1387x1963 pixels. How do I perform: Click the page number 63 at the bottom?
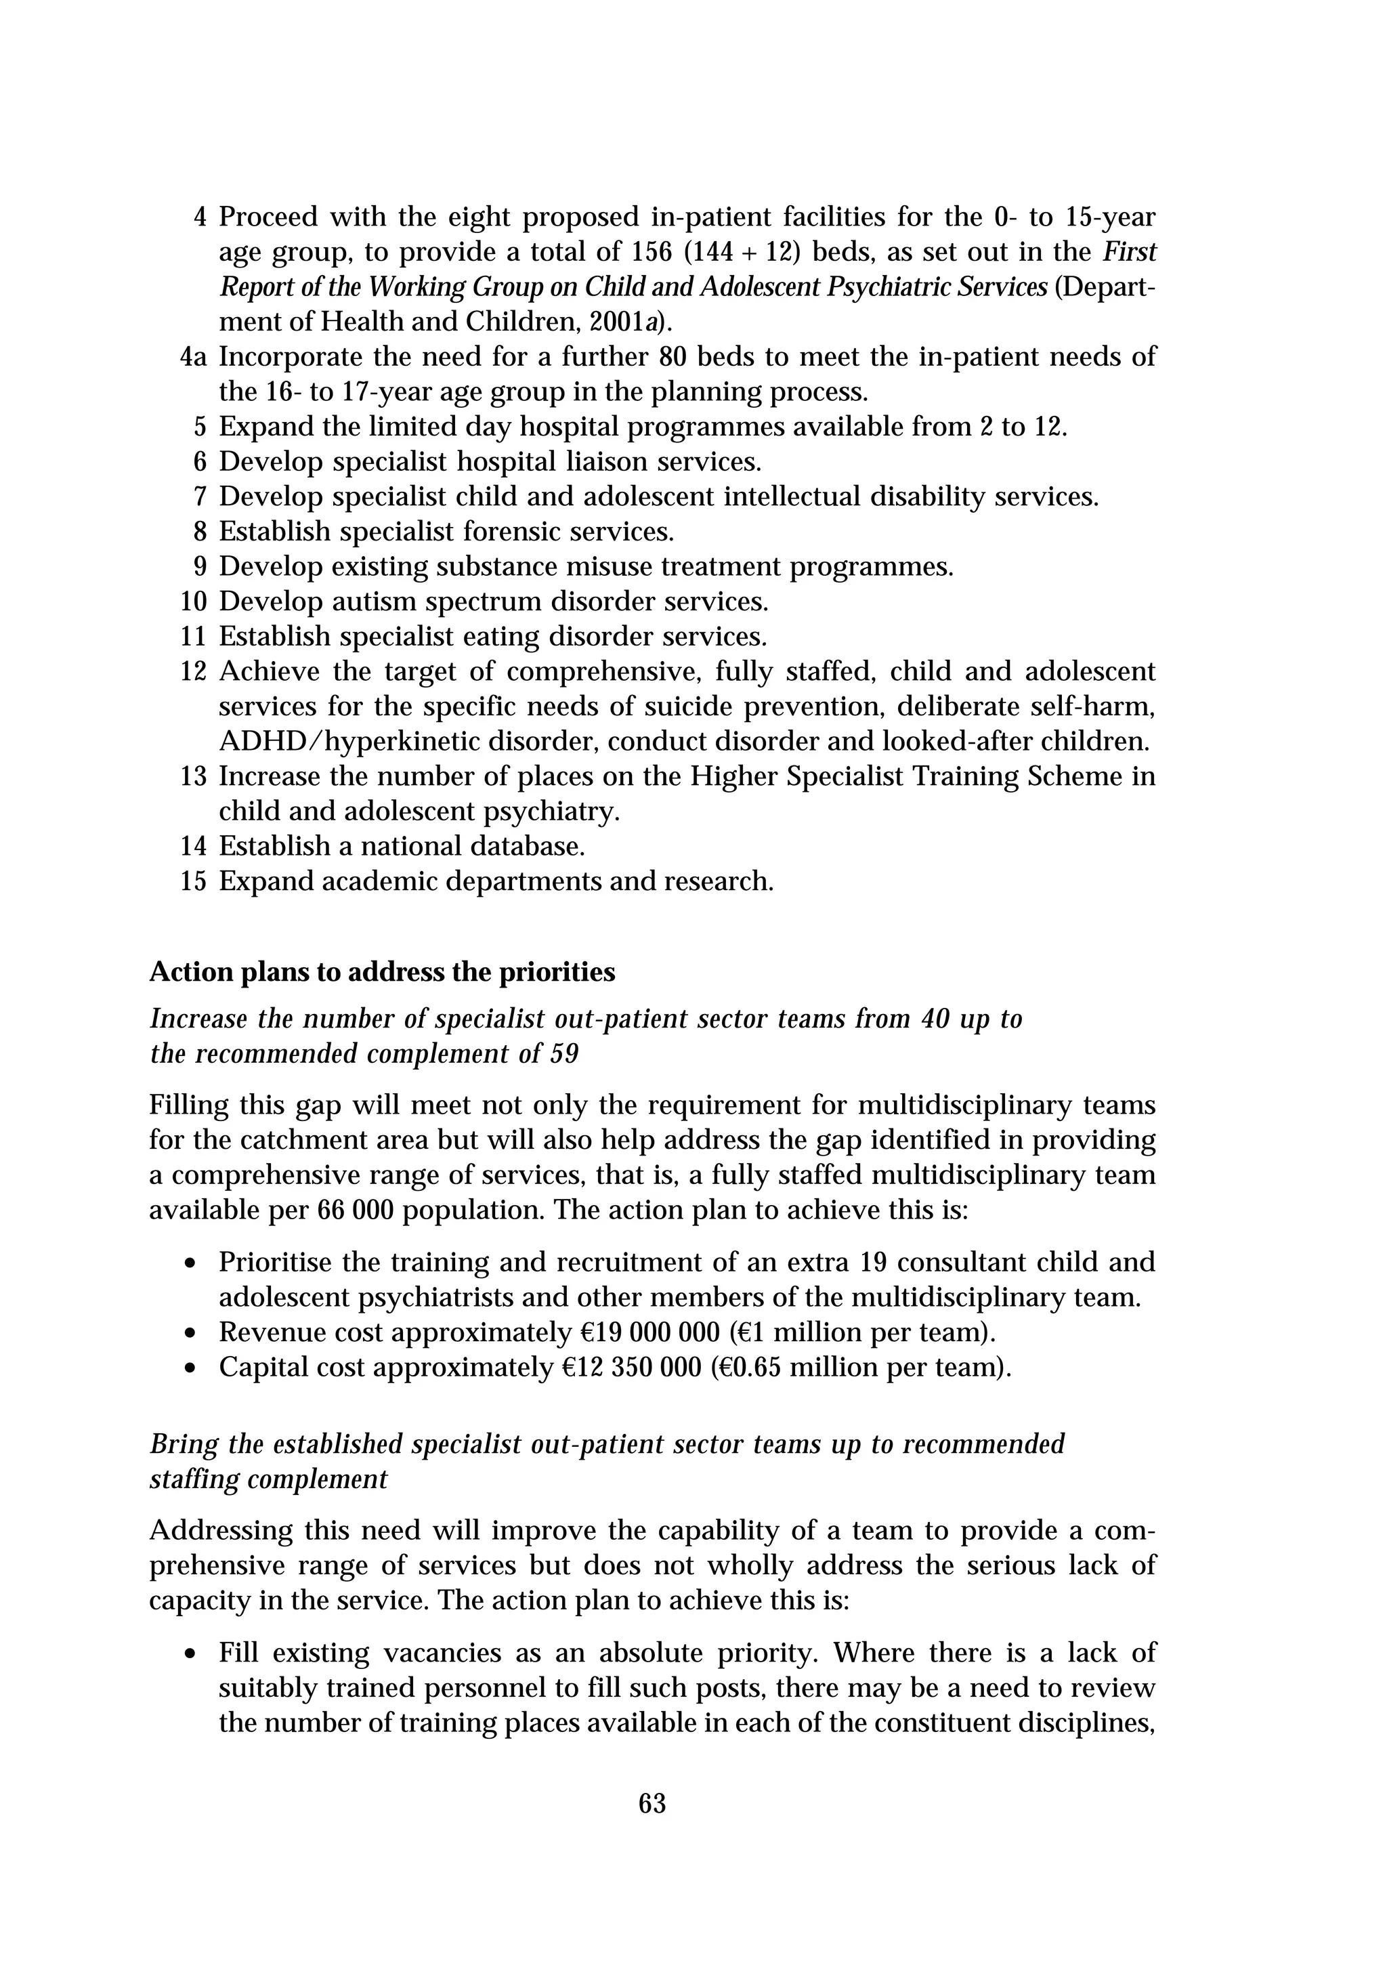(x=652, y=1803)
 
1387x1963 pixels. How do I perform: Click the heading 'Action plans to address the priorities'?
(x=382, y=972)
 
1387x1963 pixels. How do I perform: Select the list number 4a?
(x=194, y=356)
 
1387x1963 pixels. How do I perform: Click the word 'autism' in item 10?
(x=375, y=602)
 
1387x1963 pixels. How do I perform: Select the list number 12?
(x=194, y=672)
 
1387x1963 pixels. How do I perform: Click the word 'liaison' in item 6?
(x=610, y=462)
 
